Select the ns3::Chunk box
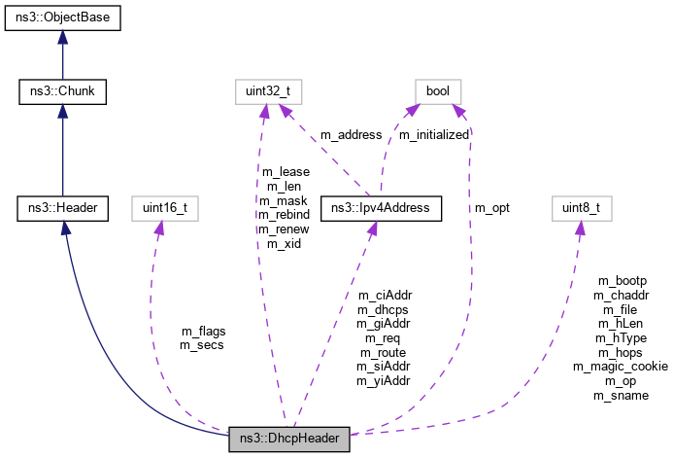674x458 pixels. (x=62, y=93)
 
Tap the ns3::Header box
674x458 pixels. (x=62, y=207)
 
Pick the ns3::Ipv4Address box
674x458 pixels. (x=382, y=207)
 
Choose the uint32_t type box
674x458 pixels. (x=261, y=93)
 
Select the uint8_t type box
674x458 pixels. (x=579, y=207)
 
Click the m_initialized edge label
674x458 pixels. (x=434, y=135)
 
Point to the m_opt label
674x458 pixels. (x=491, y=207)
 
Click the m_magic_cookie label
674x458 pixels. (x=621, y=367)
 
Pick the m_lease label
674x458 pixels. (x=286, y=172)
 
